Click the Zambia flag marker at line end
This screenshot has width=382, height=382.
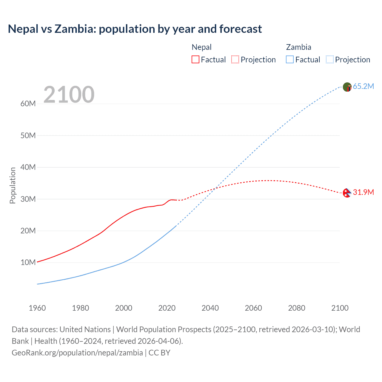click(x=347, y=87)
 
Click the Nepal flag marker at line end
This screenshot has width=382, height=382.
click(x=347, y=193)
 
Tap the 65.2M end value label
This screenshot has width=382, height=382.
click(x=363, y=86)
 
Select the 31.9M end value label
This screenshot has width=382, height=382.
click(x=363, y=192)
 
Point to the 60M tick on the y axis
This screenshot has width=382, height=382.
click(x=28, y=104)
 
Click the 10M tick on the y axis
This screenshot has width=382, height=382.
click(x=28, y=262)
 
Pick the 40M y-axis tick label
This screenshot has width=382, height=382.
click(x=28, y=167)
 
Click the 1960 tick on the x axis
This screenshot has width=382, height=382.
click(x=37, y=308)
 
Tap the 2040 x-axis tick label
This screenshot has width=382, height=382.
click(x=210, y=308)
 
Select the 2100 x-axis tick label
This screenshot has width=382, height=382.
click(x=340, y=308)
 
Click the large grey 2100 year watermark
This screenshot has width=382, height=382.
click(x=69, y=95)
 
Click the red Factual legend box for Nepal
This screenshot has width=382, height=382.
click(x=195, y=59)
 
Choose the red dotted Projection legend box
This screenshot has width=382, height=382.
click(x=235, y=59)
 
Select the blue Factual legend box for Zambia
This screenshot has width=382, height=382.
click(x=290, y=59)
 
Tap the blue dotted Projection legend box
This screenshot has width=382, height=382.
click(x=330, y=59)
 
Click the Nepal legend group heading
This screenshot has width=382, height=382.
click(x=201, y=47)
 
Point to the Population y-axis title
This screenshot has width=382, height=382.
click(x=13, y=185)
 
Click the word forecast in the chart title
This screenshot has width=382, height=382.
click(x=241, y=29)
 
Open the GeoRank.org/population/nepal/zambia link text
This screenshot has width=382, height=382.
click(x=77, y=353)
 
